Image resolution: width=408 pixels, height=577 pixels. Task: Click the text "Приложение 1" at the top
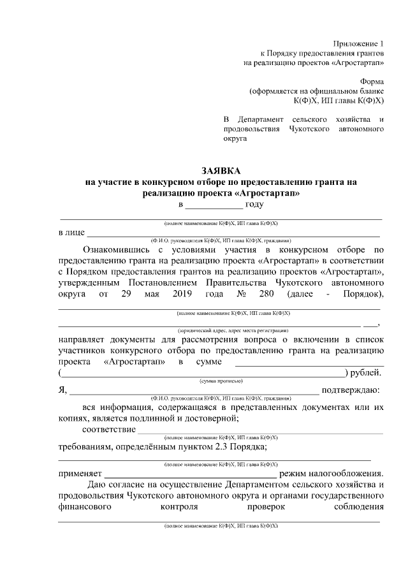pyautogui.click(x=360, y=43)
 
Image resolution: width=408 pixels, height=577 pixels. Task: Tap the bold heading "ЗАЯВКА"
pyautogui.click(x=221, y=171)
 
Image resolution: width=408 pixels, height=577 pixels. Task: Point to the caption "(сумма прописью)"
pyautogui.click(x=221, y=381)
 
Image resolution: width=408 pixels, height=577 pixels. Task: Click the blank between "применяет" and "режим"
pyautogui.click(x=190, y=474)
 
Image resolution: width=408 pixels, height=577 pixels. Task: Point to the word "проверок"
pyautogui.click(x=266, y=508)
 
